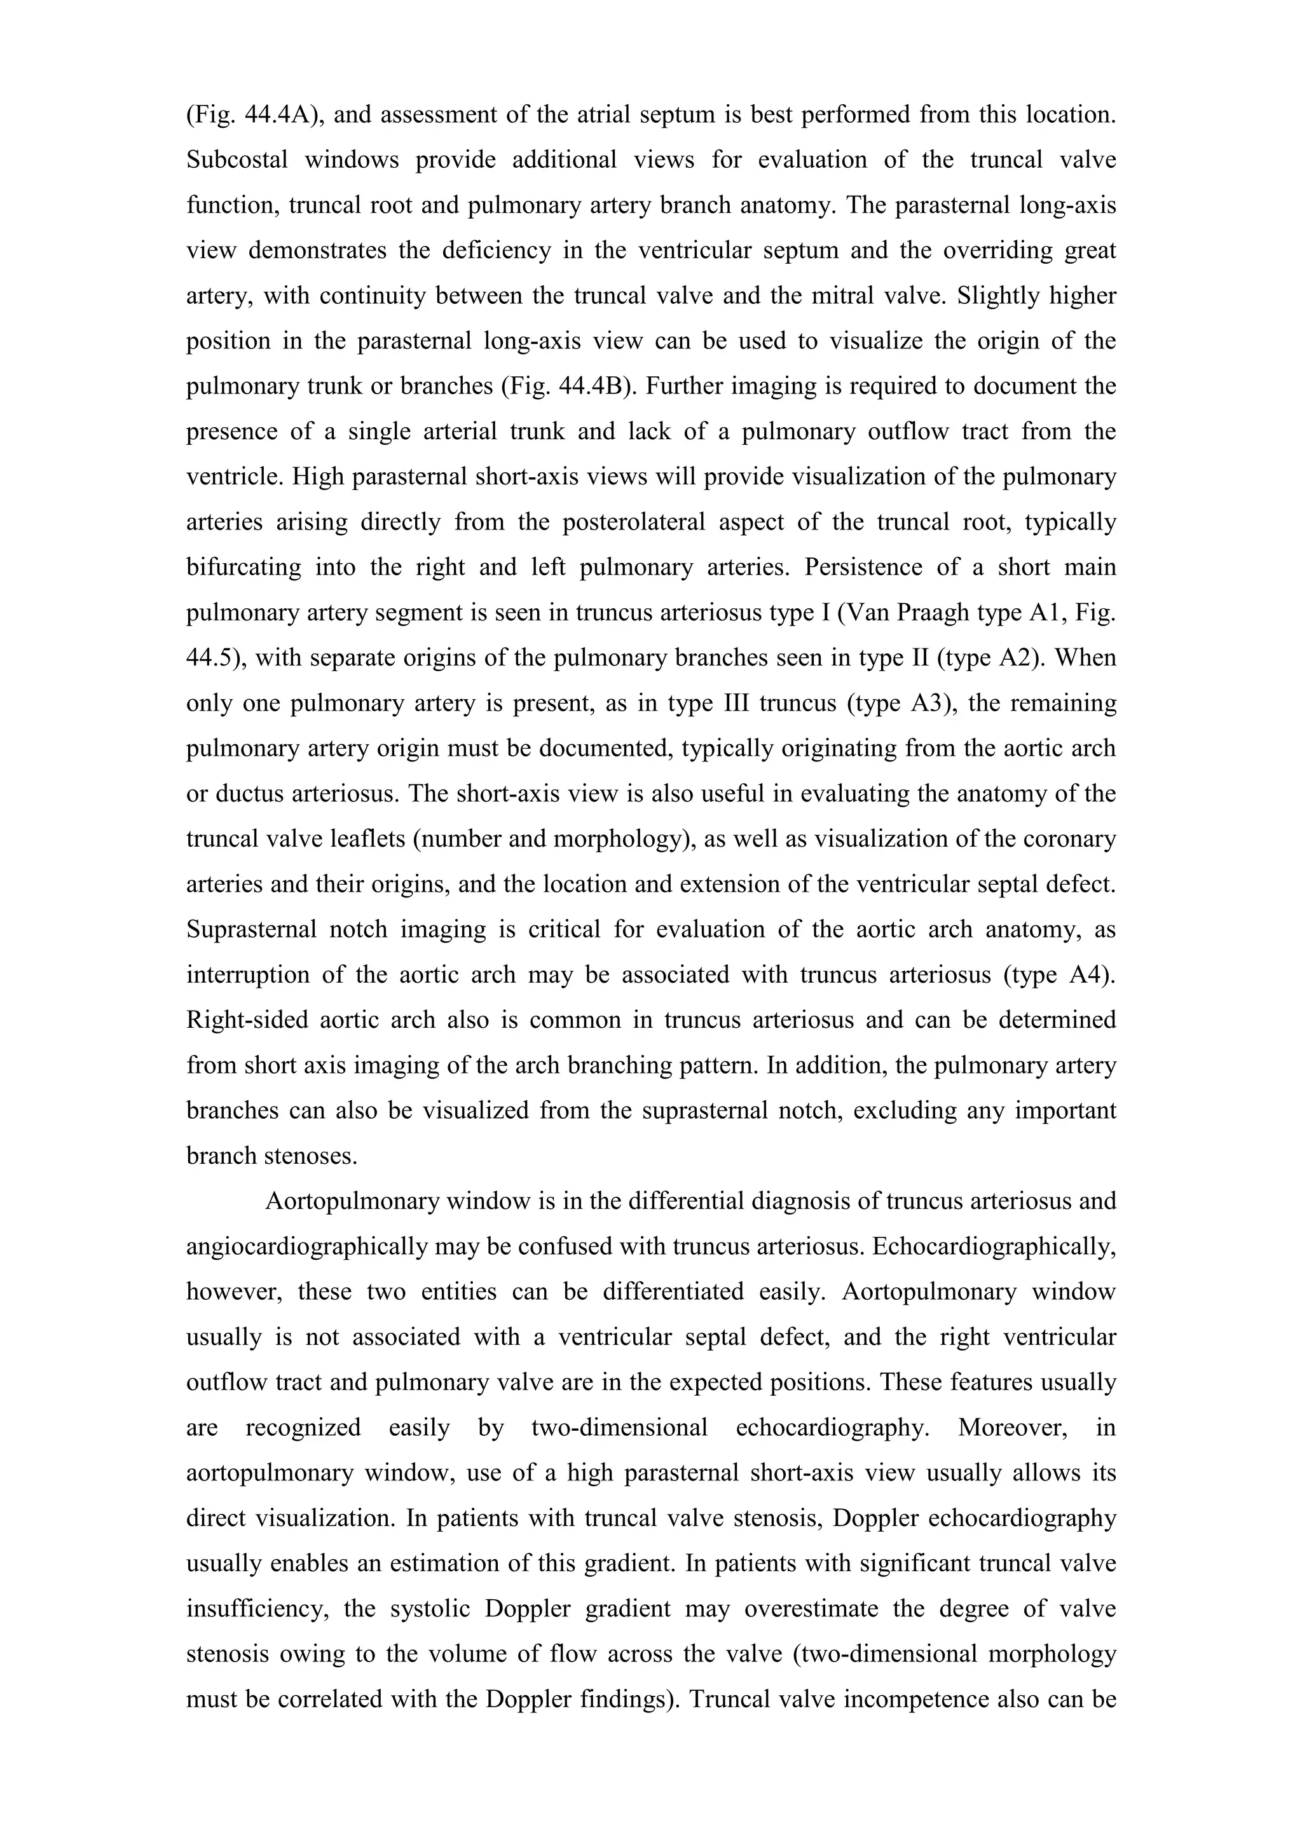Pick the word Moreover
(1012, 1428)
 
